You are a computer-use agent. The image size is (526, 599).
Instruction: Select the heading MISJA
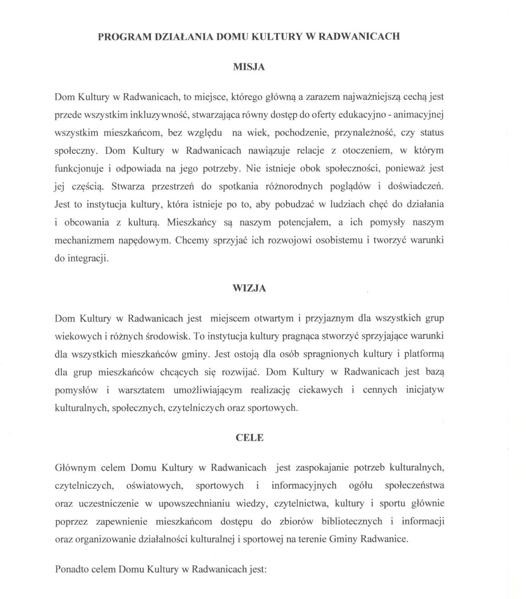(x=249, y=67)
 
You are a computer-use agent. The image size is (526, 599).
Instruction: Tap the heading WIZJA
(x=249, y=288)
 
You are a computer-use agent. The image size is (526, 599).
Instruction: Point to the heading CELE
(x=249, y=437)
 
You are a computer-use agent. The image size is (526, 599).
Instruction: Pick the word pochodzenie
(x=297, y=133)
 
